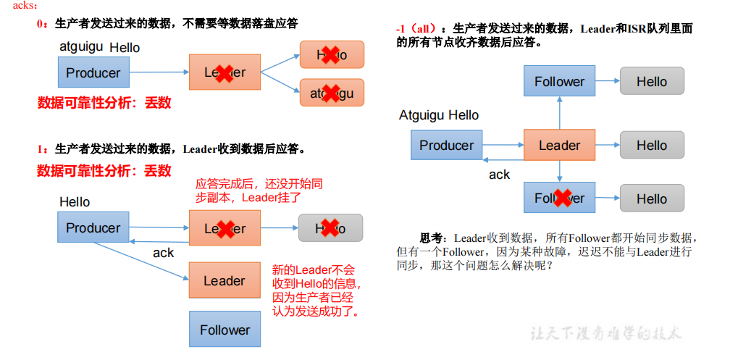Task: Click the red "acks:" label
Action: (x=14, y=6)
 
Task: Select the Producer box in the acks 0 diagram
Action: (x=93, y=73)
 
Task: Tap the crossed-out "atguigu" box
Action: (x=331, y=93)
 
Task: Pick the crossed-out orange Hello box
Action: (x=331, y=54)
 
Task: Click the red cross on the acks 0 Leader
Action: (x=224, y=72)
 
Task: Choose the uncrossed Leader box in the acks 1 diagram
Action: (x=224, y=280)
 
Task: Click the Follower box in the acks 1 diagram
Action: (x=224, y=330)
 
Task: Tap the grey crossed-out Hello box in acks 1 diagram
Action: (x=330, y=228)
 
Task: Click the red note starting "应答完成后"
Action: (x=259, y=190)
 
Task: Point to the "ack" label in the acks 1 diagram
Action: (x=163, y=253)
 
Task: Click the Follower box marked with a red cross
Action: (x=559, y=198)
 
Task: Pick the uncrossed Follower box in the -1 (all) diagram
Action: (x=559, y=82)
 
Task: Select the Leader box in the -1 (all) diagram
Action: (x=559, y=146)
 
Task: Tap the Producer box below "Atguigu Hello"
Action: (x=446, y=146)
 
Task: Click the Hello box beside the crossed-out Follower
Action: (x=652, y=198)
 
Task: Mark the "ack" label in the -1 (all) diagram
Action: (x=499, y=175)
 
